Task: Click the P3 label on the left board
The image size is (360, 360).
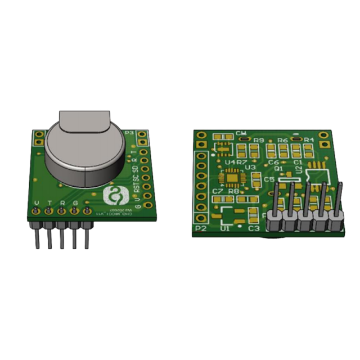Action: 129,133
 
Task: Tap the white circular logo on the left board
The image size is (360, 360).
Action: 115,197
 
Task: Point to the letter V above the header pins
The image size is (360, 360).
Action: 37,203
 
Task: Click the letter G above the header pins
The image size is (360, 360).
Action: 75,203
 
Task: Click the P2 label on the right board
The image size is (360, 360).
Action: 200,229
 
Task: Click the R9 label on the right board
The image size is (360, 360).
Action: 259,140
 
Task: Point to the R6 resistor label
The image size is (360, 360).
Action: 282,140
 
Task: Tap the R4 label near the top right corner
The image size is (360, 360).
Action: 309,139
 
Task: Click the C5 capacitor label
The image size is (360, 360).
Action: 269,179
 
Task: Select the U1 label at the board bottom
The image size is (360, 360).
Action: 225,229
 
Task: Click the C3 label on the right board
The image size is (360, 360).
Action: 254,229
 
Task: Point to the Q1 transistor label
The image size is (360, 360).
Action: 278,168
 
